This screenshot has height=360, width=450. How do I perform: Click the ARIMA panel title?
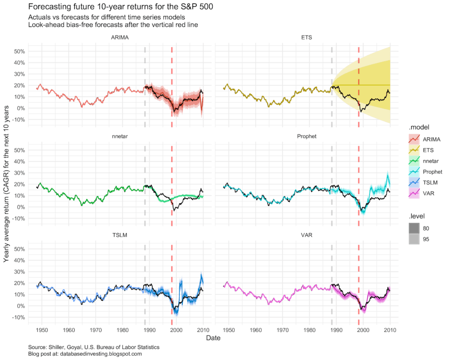pyautogui.click(x=120, y=37)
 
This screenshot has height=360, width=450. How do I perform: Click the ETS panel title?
pyautogui.click(x=306, y=37)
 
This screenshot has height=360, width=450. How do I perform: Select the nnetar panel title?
pyautogui.click(x=120, y=136)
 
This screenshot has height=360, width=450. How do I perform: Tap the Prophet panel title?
pyautogui.click(x=306, y=136)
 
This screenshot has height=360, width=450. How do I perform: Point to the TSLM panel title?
pyautogui.click(x=120, y=235)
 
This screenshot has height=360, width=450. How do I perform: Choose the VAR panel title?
pyautogui.click(x=306, y=235)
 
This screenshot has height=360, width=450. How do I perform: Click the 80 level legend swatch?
pyautogui.click(x=414, y=229)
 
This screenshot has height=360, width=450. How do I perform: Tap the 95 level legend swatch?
pyautogui.click(x=414, y=239)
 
